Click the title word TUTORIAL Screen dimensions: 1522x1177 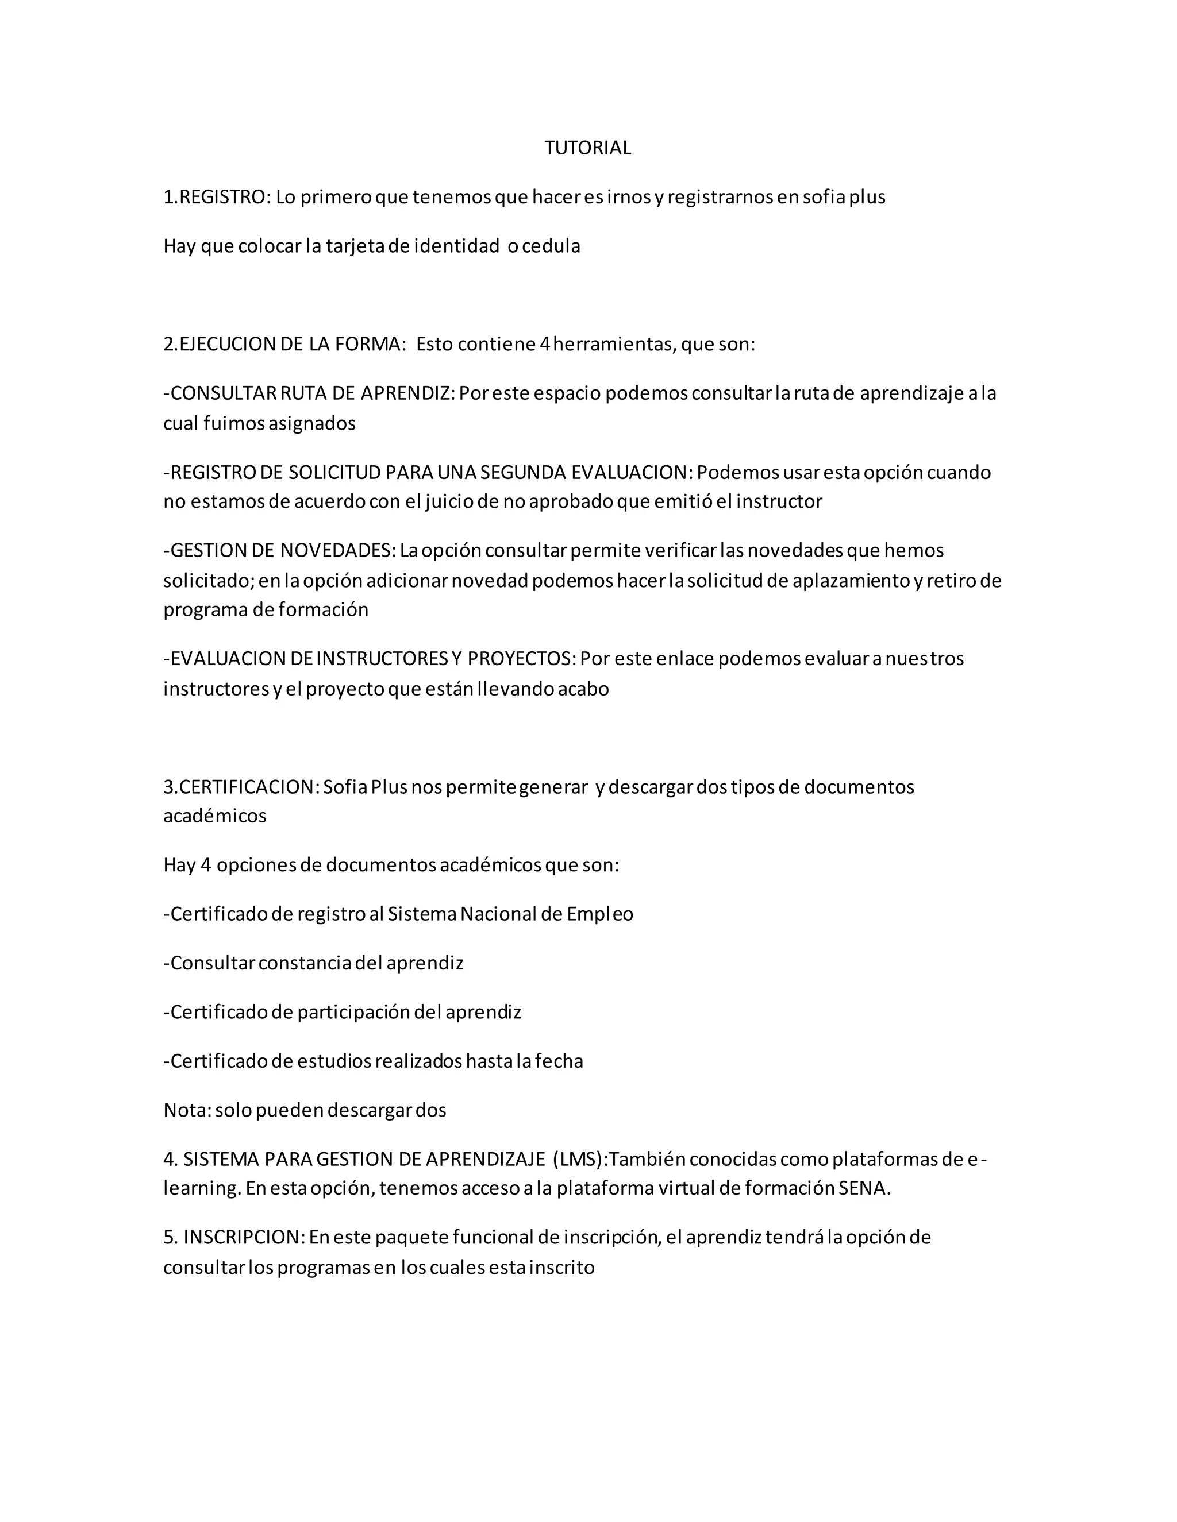[587, 148]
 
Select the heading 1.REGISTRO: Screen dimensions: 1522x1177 [216, 197]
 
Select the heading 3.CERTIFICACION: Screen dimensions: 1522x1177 [241, 787]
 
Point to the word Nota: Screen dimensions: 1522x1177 [187, 1110]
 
